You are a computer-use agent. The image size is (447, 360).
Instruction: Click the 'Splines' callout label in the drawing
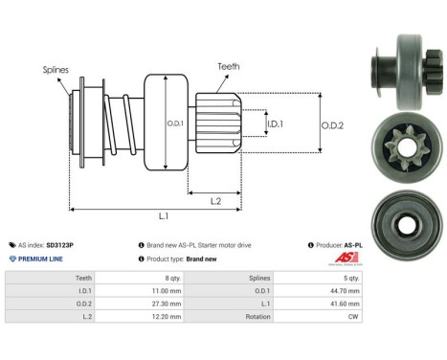[55, 70]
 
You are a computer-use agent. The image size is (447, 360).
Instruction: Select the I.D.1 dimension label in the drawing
[274, 124]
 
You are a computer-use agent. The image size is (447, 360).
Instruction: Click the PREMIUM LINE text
[40, 259]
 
